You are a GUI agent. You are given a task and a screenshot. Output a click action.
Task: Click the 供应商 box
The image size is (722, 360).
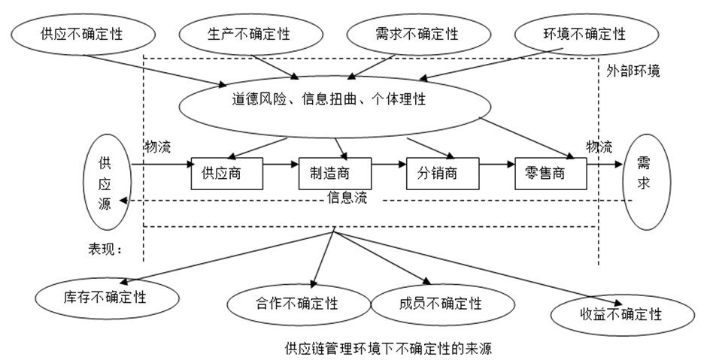coord(226,174)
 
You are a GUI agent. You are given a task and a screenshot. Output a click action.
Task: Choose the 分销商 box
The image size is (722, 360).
coord(443,174)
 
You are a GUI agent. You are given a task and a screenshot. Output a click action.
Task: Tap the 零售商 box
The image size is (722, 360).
coord(551,174)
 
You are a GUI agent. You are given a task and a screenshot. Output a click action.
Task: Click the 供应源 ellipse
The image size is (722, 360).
coord(105,183)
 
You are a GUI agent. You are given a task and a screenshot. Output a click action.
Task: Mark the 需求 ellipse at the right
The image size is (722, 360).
coord(645,183)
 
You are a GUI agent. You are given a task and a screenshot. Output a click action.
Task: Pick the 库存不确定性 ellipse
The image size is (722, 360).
coord(111,296)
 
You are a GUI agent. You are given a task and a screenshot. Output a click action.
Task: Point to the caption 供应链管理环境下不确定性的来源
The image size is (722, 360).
coord(389,348)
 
